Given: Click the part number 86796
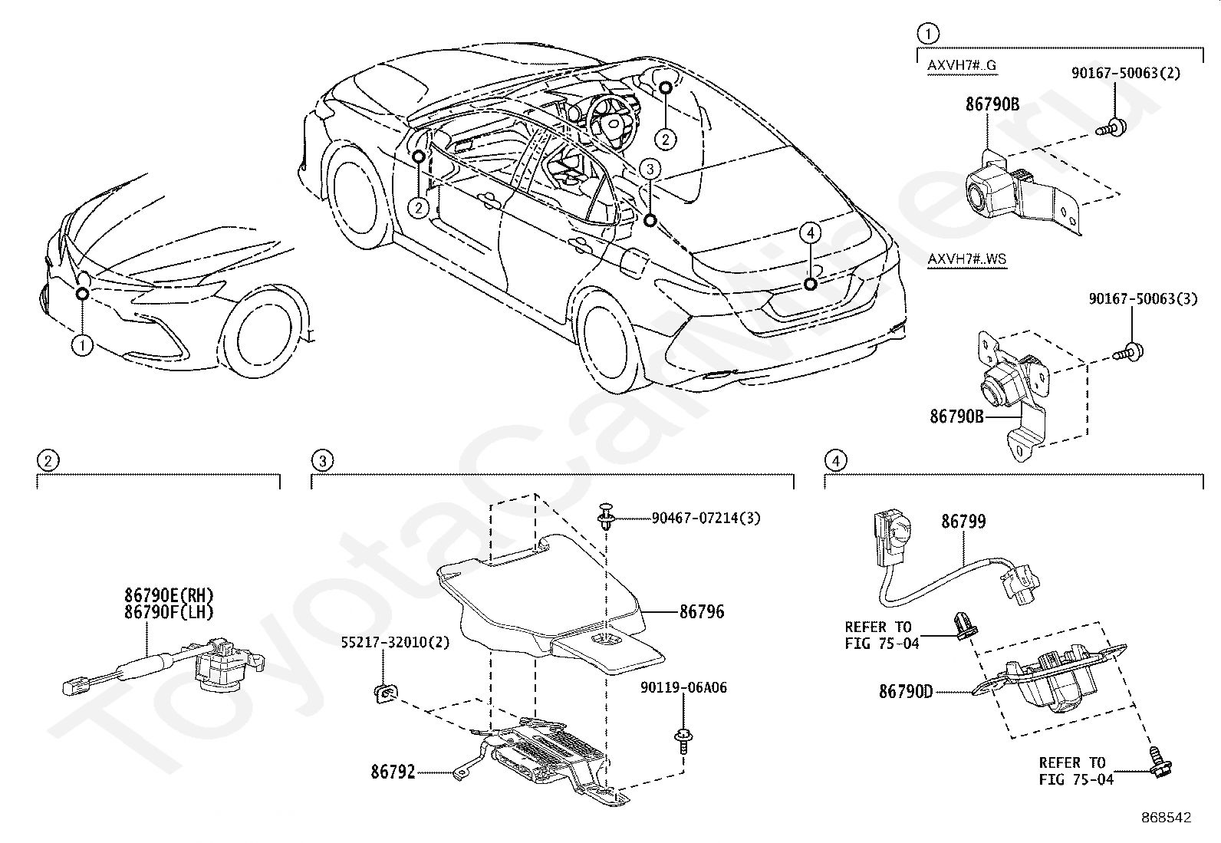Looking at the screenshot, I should [x=701, y=612].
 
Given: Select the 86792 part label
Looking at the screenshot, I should [x=393, y=772].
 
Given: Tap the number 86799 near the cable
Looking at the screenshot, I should [x=963, y=522].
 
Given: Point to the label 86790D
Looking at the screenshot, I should [x=906, y=691].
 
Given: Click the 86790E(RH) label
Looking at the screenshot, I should [x=169, y=595].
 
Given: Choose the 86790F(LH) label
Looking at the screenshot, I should [x=169, y=611].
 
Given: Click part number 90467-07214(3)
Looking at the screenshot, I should [x=706, y=519].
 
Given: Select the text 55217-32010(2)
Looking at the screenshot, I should [x=396, y=643].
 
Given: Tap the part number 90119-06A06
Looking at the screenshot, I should [x=683, y=688].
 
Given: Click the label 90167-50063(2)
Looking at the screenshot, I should [x=1125, y=74].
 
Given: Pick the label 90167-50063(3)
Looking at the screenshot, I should [x=1142, y=299].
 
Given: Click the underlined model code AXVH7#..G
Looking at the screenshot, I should [x=962, y=65].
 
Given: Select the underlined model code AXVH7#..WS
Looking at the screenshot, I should [x=966, y=259].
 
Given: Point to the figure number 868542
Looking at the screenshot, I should [x=1165, y=818].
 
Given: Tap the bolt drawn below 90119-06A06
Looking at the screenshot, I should [x=681, y=739].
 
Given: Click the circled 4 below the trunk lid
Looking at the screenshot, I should [x=811, y=232].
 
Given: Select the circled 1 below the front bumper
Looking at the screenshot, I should [x=82, y=346].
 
